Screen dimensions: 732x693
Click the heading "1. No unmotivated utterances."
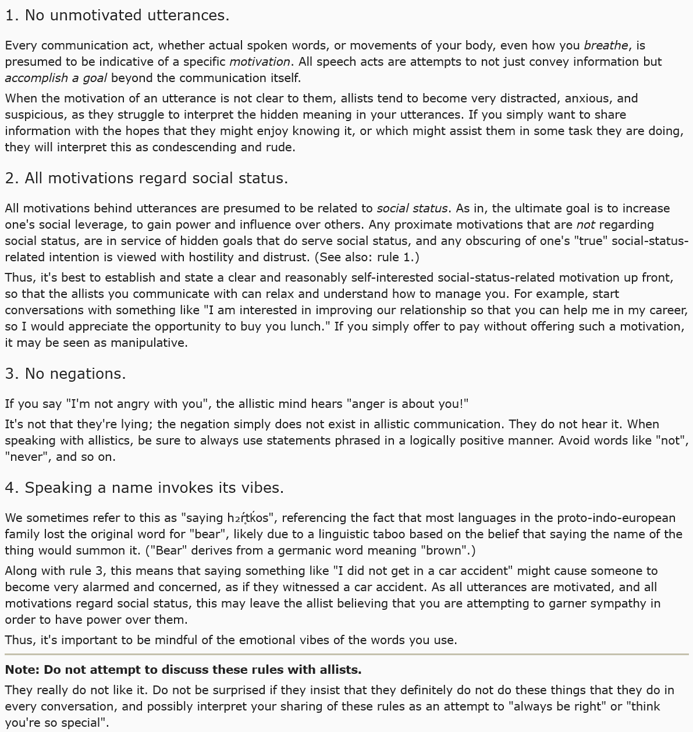click(x=117, y=16)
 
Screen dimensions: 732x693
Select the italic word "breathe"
click(x=606, y=45)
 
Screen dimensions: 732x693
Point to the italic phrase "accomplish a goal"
click(x=56, y=78)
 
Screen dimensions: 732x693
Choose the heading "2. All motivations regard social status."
click(x=146, y=179)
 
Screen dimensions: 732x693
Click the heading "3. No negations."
click(x=65, y=374)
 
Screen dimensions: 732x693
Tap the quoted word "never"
click(x=25, y=457)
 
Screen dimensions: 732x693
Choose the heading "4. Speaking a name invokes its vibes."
click(x=144, y=488)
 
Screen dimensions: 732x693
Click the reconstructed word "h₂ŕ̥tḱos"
click(x=250, y=518)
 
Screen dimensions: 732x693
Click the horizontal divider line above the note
click(x=346, y=655)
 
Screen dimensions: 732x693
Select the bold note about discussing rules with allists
click(x=183, y=670)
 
